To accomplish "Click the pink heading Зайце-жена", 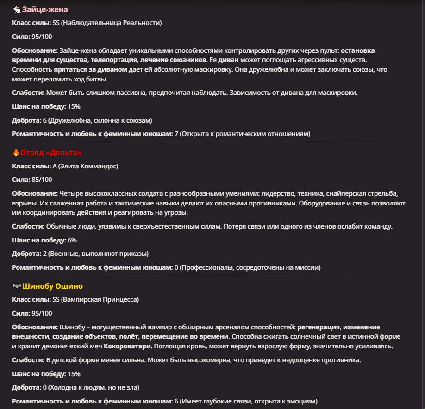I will pos(45,9).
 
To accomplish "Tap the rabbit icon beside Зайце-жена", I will pos(17,9).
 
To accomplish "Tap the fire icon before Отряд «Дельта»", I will pos(16,152).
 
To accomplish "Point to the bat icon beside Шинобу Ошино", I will pos(17,286).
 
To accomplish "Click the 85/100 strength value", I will pos(42,180).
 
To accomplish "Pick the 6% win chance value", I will pos(72,240).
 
